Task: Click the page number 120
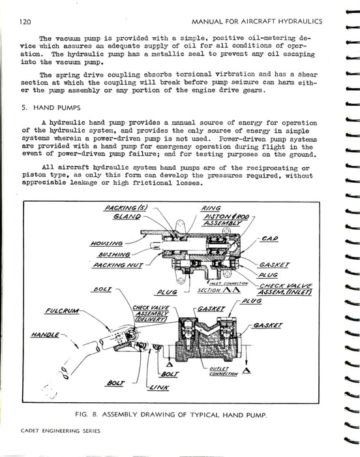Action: (x=25, y=22)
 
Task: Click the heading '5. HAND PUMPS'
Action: (x=51, y=108)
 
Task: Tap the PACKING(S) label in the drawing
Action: (x=126, y=208)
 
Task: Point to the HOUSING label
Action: (x=106, y=244)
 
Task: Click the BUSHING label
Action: (x=114, y=255)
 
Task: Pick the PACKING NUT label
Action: (x=118, y=265)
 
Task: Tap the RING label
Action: (x=211, y=208)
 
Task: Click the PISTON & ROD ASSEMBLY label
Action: (x=226, y=220)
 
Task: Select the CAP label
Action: (x=270, y=239)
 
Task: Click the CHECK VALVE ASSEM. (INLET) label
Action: (x=285, y=289)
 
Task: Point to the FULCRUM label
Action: (x=62, y=311)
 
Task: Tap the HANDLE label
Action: (x=45, y=335)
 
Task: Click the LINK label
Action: (x=159, y=387)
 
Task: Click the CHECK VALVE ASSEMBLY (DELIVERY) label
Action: (x=151, y=313)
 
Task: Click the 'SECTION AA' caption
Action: (x=219, y=290)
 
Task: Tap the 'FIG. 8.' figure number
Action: (x=86, y=414)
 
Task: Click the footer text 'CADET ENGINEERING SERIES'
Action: (x=61, y=431)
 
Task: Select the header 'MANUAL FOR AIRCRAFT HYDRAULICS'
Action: (x=257, y=22)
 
